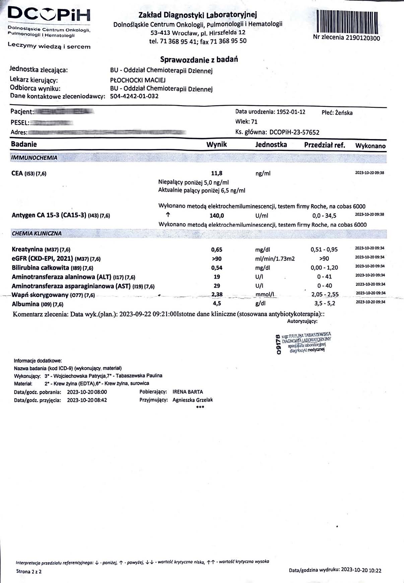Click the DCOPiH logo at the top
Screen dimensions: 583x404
click(x=49, y=15)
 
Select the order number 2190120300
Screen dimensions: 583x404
click(x=363, y=38)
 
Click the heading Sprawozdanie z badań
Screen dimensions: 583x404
click(x=199, y=60)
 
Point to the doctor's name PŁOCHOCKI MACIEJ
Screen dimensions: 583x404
click(x=138, y=80)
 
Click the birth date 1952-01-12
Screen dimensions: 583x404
click(x=291, y=112)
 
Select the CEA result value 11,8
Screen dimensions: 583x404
click(x=216, y=173)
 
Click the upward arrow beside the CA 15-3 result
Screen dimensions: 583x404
click(x=168, y=214)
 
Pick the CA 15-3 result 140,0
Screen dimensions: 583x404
click(x=217, y=216)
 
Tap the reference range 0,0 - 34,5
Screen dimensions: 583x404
click(x=324, y=216)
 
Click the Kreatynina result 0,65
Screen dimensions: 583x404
click(x=216, y=249)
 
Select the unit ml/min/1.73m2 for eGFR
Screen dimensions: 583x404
click(x=275, y=259)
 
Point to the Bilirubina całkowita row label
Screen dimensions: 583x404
click(x=52, y=268)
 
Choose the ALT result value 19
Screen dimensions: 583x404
click(x=217, y=277)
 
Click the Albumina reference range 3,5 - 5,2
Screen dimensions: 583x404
click(x=324, y=304)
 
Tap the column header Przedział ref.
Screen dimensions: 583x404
click(x=324, y=145)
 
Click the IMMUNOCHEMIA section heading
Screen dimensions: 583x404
click(x=34, y=158)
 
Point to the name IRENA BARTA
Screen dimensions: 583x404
click(x=188, y=392)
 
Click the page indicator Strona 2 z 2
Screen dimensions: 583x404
click(x=29, y=571)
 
